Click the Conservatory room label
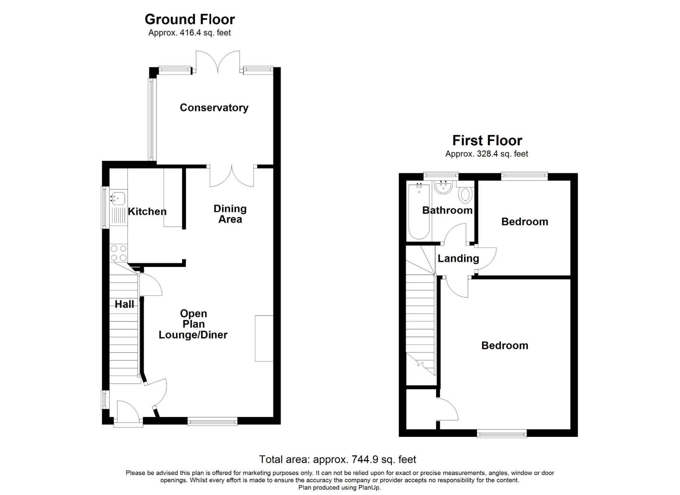[214, 108]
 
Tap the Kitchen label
[147, 212]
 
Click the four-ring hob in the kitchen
[119, 253]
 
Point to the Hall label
[124, 304]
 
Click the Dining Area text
[230, 214]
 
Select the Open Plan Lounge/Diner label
[193, 324]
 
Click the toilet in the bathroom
[465, 194]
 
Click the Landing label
[458, 259]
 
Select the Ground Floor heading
[190, 19]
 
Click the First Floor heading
[487, 140]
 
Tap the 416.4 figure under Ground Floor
[190, 33]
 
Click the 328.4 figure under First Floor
[488, 154]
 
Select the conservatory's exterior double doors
[218, 62]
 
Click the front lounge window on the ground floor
[213, 421]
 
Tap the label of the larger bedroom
[505, 346]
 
